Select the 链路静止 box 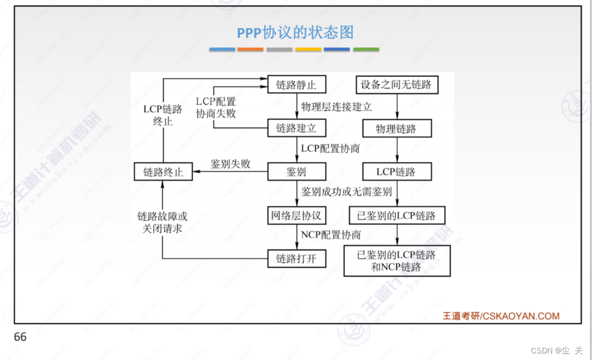click(296, 85)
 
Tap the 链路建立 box click(296, 128)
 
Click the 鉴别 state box click(296, 172)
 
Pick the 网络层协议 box click(296, 216)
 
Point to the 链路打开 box click(296, 259)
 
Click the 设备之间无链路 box click(395, 85)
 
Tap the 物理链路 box click(395, 128)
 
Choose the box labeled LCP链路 click(395, 172)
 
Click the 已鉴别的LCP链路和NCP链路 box click(395, 261)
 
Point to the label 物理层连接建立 click(336, 107)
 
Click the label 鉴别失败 click(230, 164)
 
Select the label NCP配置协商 click(331, 235)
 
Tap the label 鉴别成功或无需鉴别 click(346, 192)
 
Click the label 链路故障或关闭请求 click(162, 221)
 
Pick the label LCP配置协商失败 click(216, 107)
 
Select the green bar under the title click(366, 50)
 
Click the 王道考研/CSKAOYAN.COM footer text click(501, 316)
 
